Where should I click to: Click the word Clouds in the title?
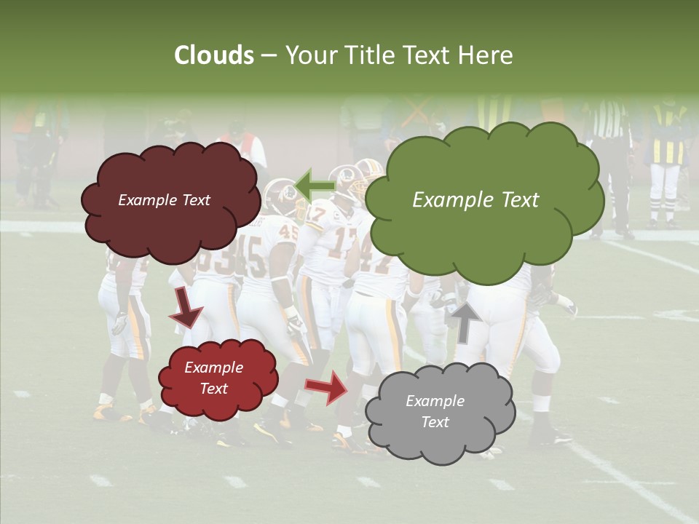[x=214, y=55]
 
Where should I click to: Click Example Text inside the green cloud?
[x=475, y=200]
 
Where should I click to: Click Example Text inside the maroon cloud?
[x=164, y=200]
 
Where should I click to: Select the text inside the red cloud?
[x=213, y=378]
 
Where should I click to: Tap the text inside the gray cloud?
[x=435, y=411]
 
